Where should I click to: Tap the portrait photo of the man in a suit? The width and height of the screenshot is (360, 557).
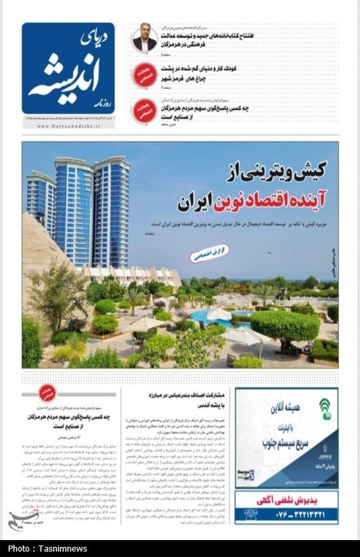(144, 39)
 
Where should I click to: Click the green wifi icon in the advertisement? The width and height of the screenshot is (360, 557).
(325, 409)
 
